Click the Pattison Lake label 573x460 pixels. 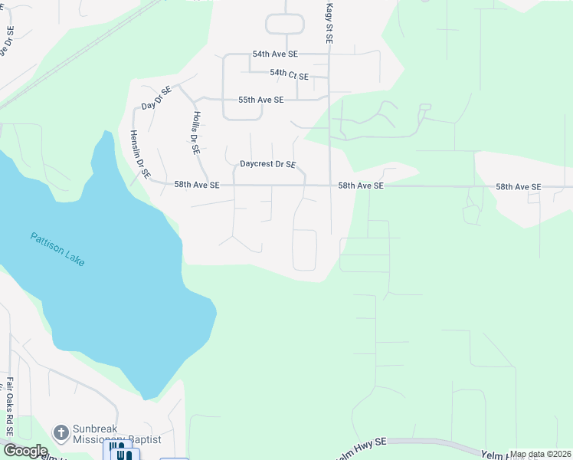tap(58, 249)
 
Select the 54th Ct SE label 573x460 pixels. tap(289, 75)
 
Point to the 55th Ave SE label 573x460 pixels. tap(260, 100)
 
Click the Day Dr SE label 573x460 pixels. tap(157, 98)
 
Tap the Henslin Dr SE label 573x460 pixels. tap(139, 153)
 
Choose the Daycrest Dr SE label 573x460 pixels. tap(267, 164)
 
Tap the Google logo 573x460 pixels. tap(25, 451)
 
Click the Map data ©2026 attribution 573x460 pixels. tap(540, 454)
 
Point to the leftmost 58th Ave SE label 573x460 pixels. tap(197, 185)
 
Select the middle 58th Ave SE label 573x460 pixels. tap(362, 186)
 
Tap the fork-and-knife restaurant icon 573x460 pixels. tap(124, 454)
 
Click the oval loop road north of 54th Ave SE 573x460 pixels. tap(286, 25)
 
